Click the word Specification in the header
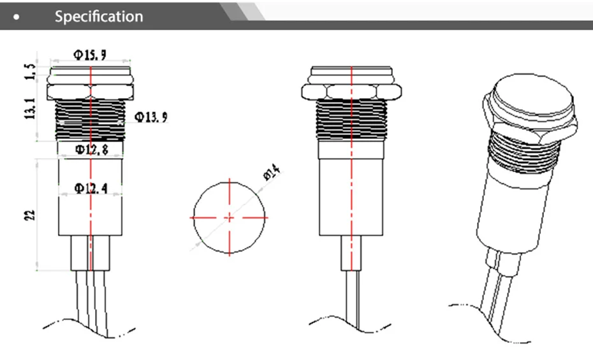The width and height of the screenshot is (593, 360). point(98,17)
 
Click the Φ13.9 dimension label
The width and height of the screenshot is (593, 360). point(152,117)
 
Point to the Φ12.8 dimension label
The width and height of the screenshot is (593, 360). point(91,150)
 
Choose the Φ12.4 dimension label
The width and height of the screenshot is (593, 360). point(91,189)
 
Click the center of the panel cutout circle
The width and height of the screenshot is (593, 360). point(229,218)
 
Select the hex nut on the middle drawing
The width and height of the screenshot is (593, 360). point(350,89)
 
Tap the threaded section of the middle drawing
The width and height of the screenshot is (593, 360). point(350,120)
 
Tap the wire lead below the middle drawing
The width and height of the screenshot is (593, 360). point(351,299)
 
